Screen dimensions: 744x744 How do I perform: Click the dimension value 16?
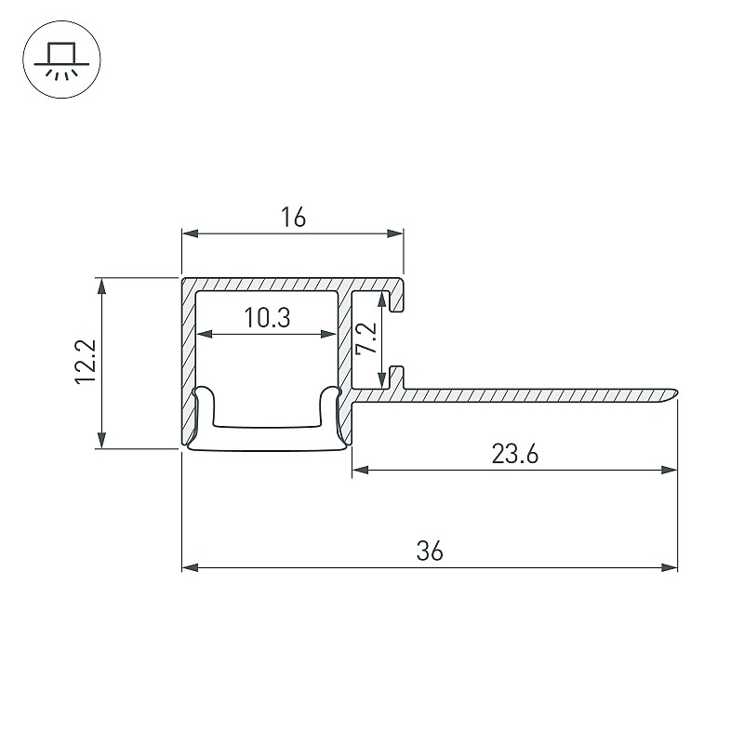pyautogui.click(x=293, y=218)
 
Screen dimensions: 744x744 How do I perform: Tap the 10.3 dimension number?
pyautogui.click(x=267, y=317)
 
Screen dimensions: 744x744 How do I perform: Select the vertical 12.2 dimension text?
pyautogui.click(x=86, y=362)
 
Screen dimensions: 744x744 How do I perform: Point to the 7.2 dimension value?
pyautogui.click(x=366, y=339)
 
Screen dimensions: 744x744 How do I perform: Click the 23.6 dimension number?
pyautogui.click(x=515, y=454)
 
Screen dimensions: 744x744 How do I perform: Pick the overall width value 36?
pyautogui.click(x=430, y=551)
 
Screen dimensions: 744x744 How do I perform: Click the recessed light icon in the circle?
pyautogui.click(x=61, y=60)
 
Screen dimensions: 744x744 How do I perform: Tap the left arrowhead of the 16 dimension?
pyautogui.click(x=190, y=233)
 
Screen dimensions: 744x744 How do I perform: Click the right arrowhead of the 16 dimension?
pyautogui.click(x=395, y=233)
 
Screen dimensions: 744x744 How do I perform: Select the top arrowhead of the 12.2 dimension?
pyautogui.click(x=101, y=286)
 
